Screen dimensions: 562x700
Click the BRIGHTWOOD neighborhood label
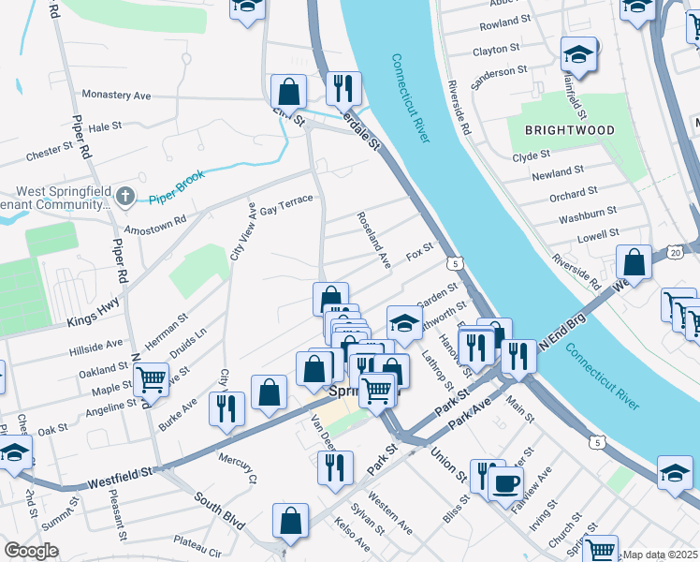pos(569,130)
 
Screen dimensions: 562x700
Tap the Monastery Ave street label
pos(116,95)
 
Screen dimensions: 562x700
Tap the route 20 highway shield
pos(675,253)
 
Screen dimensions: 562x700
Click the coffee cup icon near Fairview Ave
pos(506,483)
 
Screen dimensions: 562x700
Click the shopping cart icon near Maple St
pos(151,379)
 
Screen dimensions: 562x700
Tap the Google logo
pos(31,551)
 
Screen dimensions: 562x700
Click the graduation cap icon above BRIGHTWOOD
pos(578,54)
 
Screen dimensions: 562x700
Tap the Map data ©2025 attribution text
pos(660,555)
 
